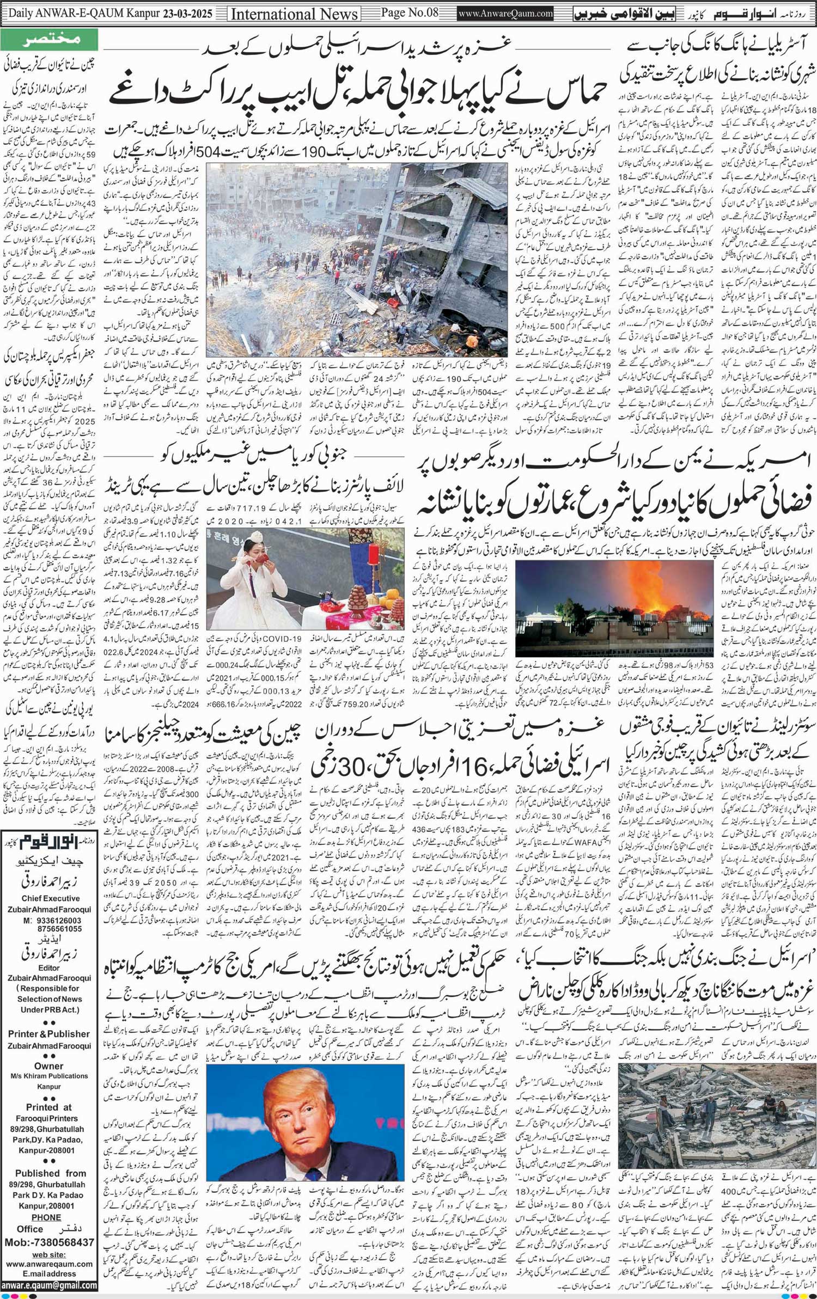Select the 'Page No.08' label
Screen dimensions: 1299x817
(x=408, y=13)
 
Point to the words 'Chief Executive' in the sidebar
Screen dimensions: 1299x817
(x=50, y=898)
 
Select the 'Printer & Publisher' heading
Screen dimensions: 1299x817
(x=49, y=1034)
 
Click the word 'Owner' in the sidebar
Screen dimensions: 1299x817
(x=49, y=1066)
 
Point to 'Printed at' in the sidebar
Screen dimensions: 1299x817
(x=49, y=1107)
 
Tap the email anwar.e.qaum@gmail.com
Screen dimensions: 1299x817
(x=49, y=1286)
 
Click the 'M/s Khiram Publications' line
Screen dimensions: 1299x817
(x=49, y=1076)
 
